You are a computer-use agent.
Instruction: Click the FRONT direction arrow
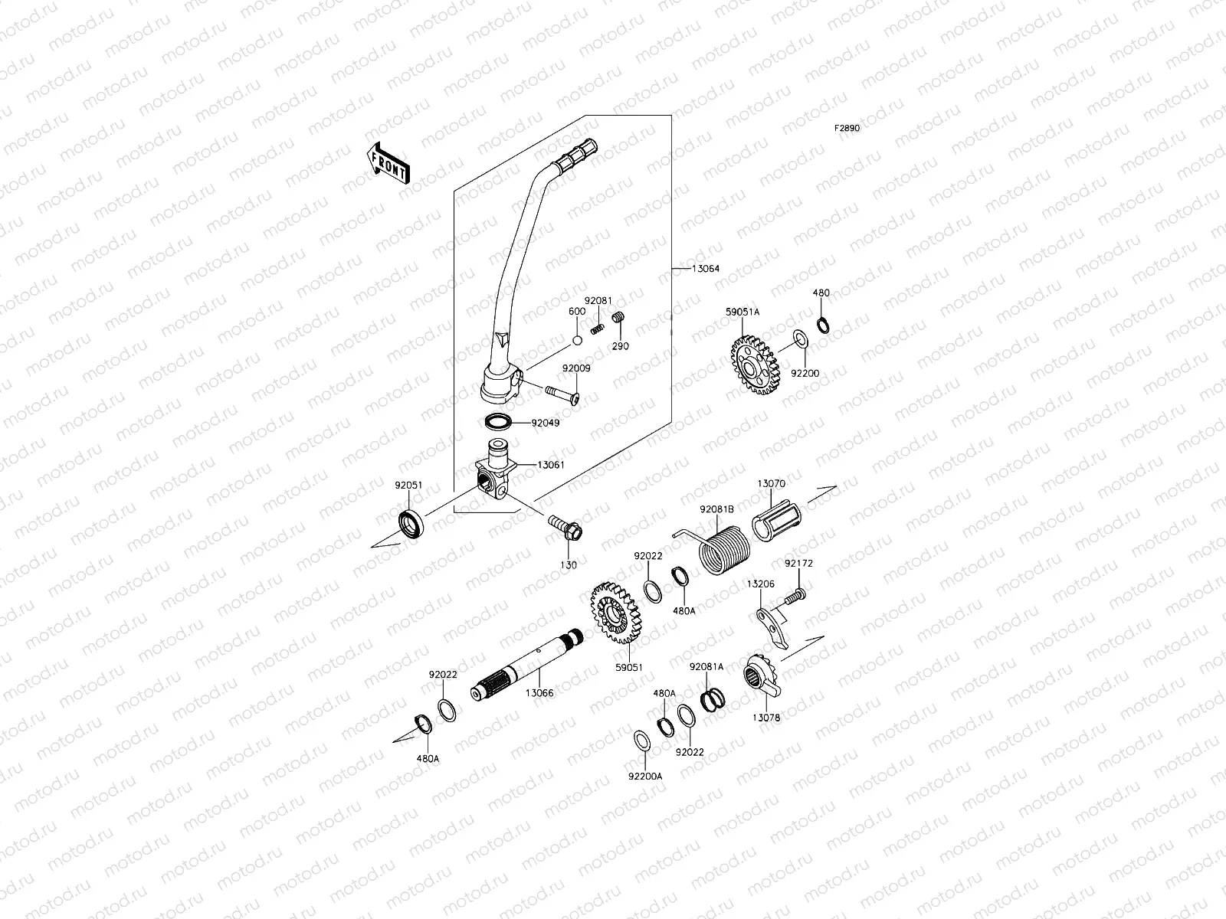388,162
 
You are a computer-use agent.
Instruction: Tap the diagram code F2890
847,129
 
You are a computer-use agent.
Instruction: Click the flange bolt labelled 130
565,528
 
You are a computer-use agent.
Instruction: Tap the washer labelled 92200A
642,741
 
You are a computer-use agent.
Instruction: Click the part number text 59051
628,668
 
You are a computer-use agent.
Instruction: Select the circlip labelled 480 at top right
822,324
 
